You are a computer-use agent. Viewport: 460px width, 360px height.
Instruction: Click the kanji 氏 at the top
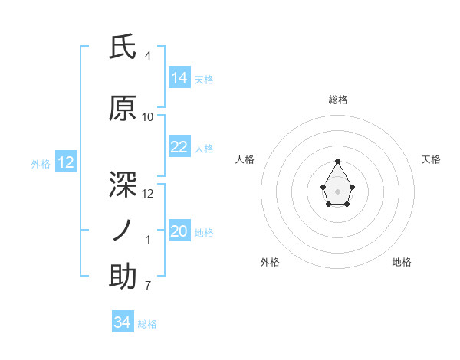coord(123,48)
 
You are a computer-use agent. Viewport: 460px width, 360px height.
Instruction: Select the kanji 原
coord(123,109)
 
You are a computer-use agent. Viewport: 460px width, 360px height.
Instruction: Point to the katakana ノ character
coord(123,230)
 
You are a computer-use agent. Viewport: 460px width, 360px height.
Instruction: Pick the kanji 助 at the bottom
coord(123,277)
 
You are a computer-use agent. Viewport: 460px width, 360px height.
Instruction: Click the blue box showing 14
coord(179,77)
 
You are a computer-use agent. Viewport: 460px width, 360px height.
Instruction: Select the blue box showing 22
coord(179,147)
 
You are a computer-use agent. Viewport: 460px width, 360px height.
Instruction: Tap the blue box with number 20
coord(179,231)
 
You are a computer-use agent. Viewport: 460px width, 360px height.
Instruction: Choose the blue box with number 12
coord(65,162)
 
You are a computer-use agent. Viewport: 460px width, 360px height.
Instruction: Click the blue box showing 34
coord(122,322)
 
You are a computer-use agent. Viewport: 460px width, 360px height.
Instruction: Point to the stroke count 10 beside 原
coord(147,117)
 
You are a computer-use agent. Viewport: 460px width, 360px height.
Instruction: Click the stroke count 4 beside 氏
coord(147,56)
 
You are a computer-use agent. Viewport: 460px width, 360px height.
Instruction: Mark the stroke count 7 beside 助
coord(147,286)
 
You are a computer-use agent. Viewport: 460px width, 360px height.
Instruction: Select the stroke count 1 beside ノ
coord(147,240)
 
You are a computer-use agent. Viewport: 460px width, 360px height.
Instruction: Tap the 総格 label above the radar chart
coord(337,100)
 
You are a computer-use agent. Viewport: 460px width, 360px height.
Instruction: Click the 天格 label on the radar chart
coord(431,159)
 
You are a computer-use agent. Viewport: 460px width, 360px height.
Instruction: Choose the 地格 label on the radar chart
coord(402,262)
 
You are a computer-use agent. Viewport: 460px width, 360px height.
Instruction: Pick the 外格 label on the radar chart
coord(270,262)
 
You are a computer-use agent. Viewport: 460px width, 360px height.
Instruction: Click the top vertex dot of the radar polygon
coord(337,161)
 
